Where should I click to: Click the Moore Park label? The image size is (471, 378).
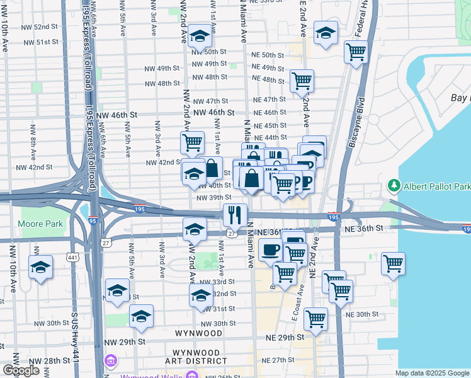coord(41,224)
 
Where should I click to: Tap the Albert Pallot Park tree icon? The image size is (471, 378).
coord(394,186)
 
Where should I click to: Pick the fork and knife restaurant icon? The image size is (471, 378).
coord(235,215)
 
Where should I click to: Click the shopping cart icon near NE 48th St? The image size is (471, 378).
coord(302,81)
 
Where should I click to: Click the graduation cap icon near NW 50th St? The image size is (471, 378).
coord(200,37)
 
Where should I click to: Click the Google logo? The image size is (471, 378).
coord(21,370)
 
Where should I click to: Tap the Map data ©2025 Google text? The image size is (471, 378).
coord(431,373)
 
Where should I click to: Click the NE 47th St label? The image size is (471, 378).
coord(270,100)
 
